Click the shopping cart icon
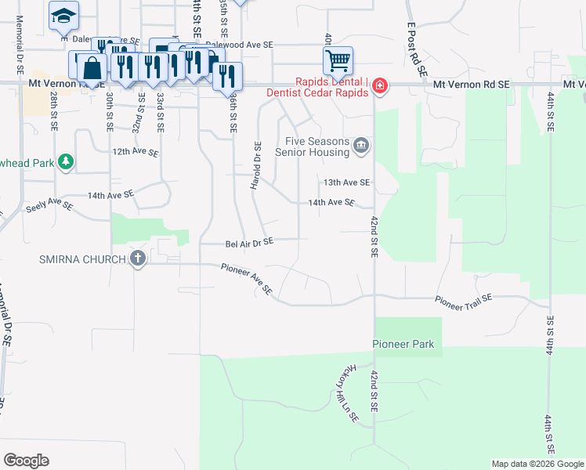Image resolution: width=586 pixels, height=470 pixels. (x=338, y=60)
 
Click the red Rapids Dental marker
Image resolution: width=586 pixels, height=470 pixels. (x=379, y=85)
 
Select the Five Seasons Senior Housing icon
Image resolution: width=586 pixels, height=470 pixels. (x=361, y=144)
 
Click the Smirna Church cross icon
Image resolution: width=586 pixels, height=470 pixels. (x=138, y=258)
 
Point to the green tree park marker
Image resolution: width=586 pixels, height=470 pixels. (x=67, y=162)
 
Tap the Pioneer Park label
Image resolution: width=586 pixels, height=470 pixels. (x=402, y=344)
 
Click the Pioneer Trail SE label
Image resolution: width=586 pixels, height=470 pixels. (x=463, y=302)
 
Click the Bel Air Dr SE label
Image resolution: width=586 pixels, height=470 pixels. (x=249, y=243)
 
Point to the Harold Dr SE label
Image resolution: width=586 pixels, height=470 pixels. (x=255, y=164)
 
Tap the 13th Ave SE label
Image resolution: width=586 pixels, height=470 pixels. (x=347, y=183)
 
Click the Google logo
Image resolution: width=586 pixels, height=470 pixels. (x=26, y=461)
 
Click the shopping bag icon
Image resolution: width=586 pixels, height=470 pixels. (x=92, y=67)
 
